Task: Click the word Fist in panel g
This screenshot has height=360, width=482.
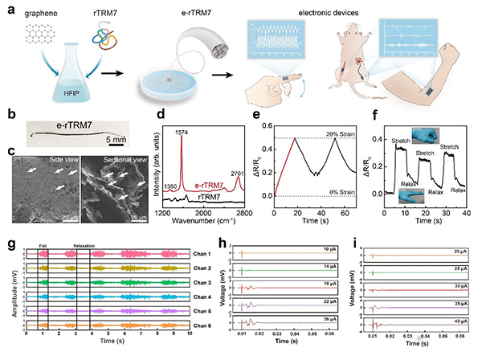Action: coord(42,242)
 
